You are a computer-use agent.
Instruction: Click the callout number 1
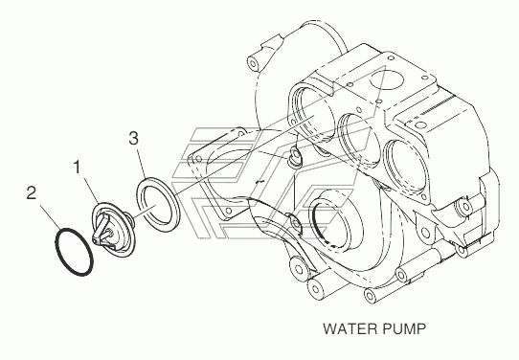[x=78, y=168]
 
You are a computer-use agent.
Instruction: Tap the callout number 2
[x=31, y=192]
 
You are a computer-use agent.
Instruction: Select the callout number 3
[x=134, y=138]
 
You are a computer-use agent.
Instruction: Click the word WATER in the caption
[x=350, y=329]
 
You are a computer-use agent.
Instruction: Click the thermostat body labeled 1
[x=114, y=230]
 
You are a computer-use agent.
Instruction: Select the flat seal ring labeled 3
[x=158, y=201]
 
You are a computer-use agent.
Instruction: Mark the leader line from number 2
[x=51, y=216]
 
